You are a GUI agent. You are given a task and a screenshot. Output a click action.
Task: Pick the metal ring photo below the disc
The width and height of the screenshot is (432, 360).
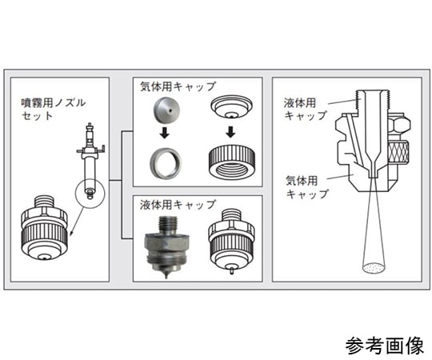(x=164, y=162)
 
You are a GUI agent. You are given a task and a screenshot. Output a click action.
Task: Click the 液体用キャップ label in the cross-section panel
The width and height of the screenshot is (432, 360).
(x=305, y=109)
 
